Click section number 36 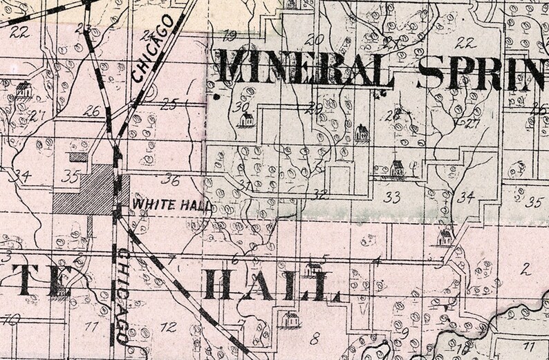tap(169, 181)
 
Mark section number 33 tap(392, 198)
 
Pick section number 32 tap(319, 194)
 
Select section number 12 tap(168, 327)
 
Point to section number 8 tap(315, 338)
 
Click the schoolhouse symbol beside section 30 tap(245, 120)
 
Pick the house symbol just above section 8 tap(291, 319)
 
